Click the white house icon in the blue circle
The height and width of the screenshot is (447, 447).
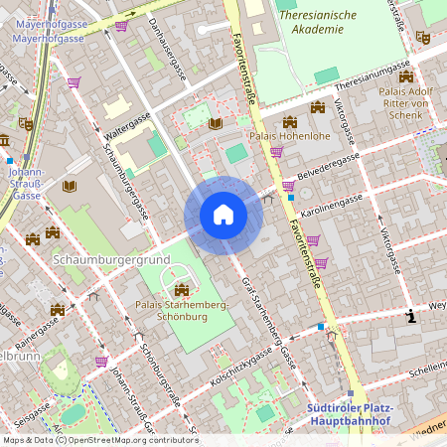click(223, 215)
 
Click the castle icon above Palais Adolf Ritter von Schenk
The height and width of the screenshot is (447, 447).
click(405, 76)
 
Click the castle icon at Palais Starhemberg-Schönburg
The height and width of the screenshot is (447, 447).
click(181, 288)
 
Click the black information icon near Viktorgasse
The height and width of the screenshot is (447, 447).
click(411, 317)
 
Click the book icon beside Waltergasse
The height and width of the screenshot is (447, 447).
click(215, 123)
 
